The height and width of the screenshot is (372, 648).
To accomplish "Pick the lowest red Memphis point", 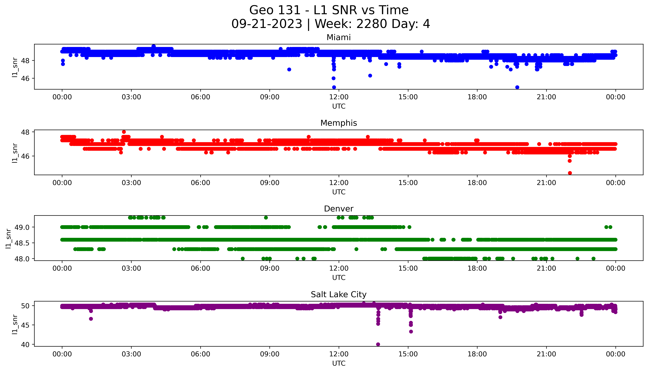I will click(570, 173).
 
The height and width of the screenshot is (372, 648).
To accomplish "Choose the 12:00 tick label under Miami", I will click(339, 97).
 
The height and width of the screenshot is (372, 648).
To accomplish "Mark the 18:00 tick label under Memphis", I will click(477, 183).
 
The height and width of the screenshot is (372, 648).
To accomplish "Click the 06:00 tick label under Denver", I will click(200, 268).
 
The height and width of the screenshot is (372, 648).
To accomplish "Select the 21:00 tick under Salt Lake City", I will click(546, 354).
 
